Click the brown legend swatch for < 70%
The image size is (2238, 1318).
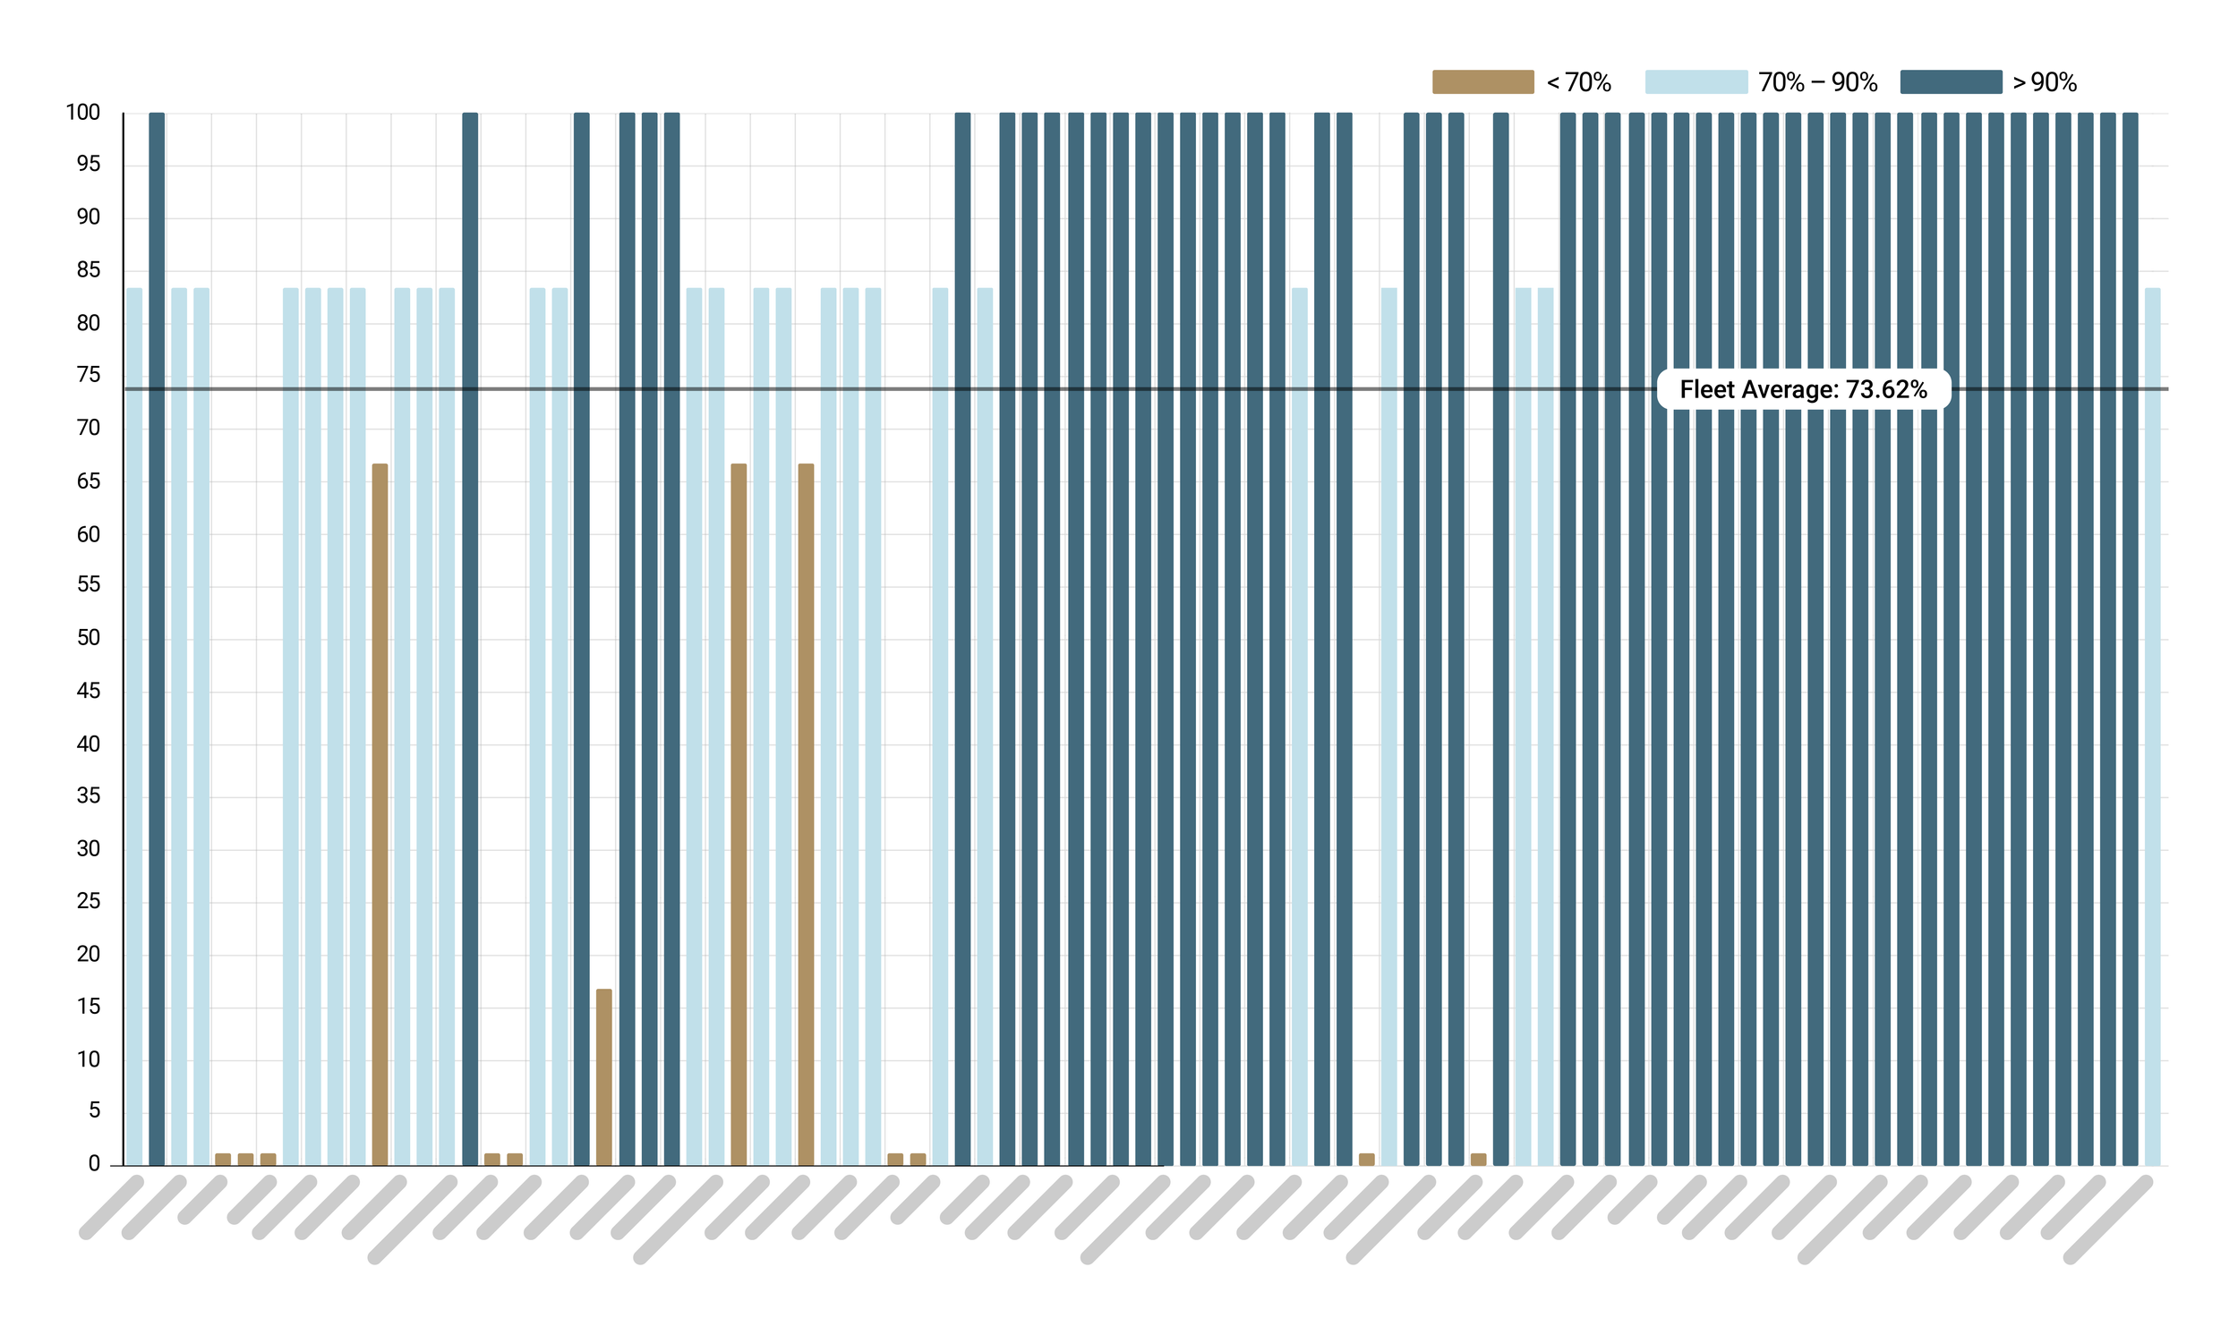(x=1482, y=82)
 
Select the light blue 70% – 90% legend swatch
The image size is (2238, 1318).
(x=1696, y=82)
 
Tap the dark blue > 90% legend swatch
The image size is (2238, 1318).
(x=1951, y=82)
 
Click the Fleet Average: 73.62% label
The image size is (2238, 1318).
(x=1803, y=389)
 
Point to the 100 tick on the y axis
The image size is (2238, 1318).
(x=83, y=113)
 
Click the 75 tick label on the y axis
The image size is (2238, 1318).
(x=89, y=375)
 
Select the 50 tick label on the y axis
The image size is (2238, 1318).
(x=89, y=638)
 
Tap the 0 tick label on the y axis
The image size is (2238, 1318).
(x=94, y=1164)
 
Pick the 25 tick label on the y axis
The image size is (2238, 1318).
(x=89, y=901)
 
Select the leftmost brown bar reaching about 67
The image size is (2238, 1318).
(x=380, y=814)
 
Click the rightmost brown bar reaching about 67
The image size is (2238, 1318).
(x=806, y=814)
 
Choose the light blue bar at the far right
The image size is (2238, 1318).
(x=2152, y=727)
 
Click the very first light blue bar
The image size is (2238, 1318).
(x=134, y=727)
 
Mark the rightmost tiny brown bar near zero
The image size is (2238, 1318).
(x=1478, y=1160)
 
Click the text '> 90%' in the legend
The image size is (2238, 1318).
(x=2045, y=82)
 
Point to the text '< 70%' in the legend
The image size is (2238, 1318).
(x=1579, y=82)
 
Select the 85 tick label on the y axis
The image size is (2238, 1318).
(x=89, y=270)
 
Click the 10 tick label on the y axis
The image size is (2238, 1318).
(x=89, y=1059)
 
